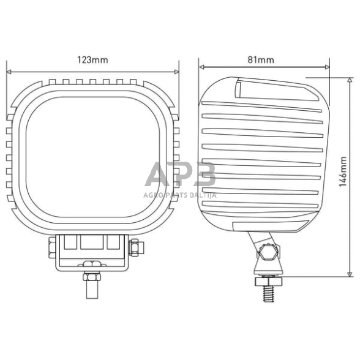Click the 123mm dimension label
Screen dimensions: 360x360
point(92,60)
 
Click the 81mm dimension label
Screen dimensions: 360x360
point(261,60)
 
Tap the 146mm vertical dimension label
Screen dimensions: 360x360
point(343,171)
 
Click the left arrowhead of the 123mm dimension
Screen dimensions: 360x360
point(9,72)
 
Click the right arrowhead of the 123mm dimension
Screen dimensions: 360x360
point(176,72)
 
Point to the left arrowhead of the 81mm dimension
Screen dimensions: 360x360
point(201,67)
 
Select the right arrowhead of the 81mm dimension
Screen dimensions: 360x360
point(328,67)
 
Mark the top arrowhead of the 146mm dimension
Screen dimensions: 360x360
point(350,80)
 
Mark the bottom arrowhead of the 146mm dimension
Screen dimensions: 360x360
point(350,274)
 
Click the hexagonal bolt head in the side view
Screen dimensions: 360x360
point(268,252)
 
